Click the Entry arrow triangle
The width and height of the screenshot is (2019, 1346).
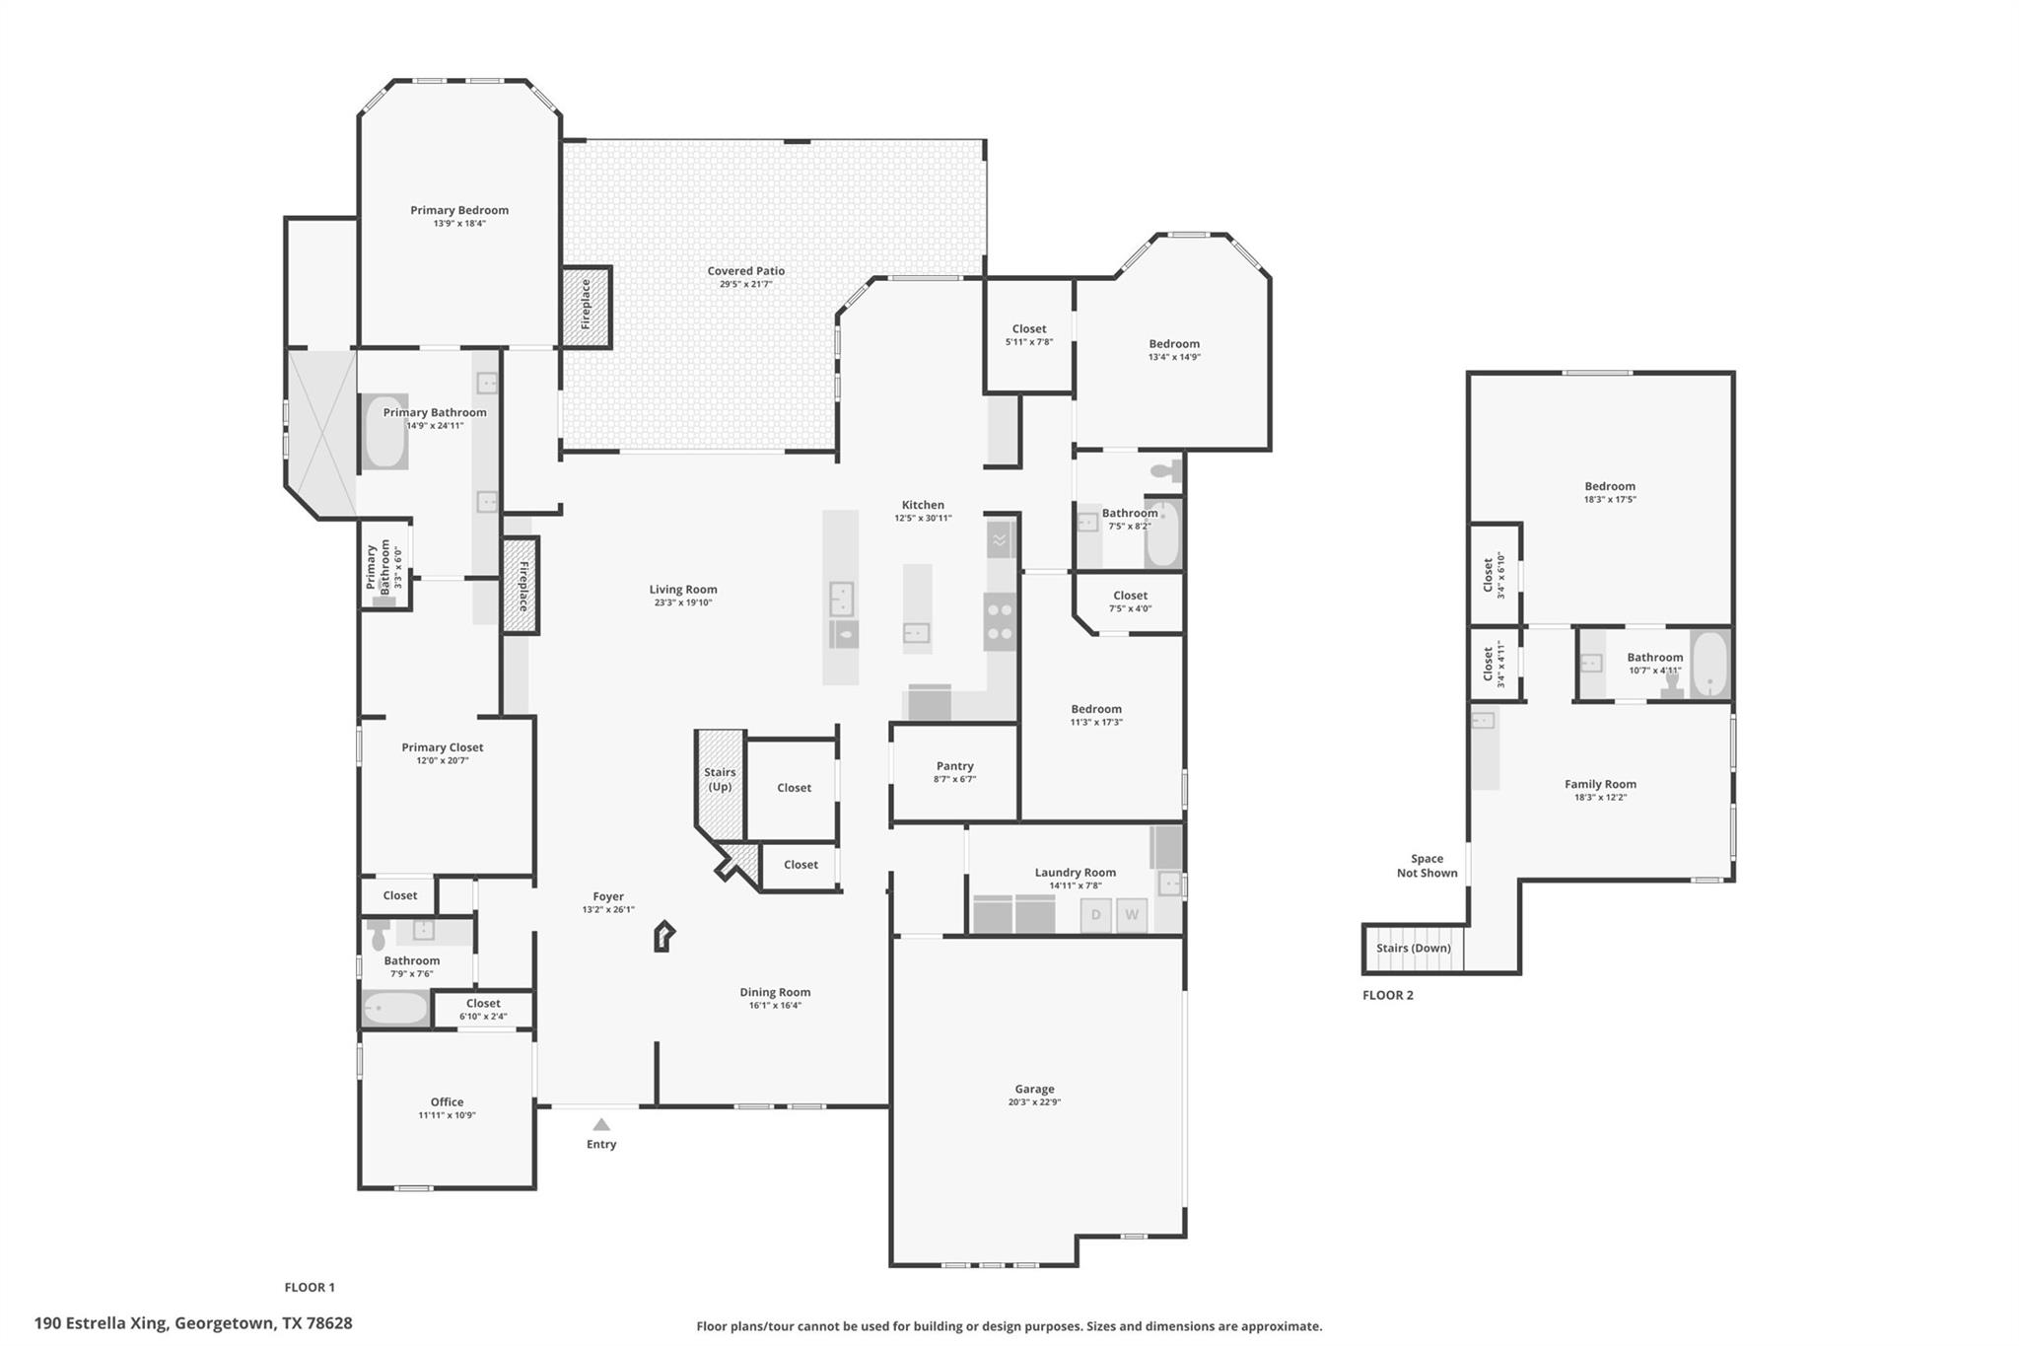coord(601,1125)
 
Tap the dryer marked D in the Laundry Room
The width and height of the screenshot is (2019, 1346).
coord(1095,915)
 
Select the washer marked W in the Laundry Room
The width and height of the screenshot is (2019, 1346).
coord(1132,915)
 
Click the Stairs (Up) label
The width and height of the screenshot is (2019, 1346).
coord(720,779)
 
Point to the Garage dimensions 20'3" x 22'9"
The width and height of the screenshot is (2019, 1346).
coord(1034,1102)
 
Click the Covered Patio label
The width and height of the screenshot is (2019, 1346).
coord(745,271)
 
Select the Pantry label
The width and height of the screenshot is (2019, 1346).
coord(954,766)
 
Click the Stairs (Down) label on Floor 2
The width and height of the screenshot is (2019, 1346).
coord(1413,949)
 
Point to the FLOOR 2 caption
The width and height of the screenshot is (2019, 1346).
coord(1387,995)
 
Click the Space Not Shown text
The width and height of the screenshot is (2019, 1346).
coord(1427,866)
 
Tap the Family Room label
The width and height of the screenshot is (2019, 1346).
coord(1600,785)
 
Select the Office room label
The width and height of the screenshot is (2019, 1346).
coord(447,1102)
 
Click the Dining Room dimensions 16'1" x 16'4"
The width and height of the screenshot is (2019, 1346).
coord(775,1006)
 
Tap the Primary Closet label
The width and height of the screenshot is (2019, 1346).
coord(442,747)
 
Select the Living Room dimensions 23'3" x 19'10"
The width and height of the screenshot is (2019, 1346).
coord(682,602)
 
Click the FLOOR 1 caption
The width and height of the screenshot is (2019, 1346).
coord(310,1287)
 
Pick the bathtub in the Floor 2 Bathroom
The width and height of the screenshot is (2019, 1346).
coord(1709,665)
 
